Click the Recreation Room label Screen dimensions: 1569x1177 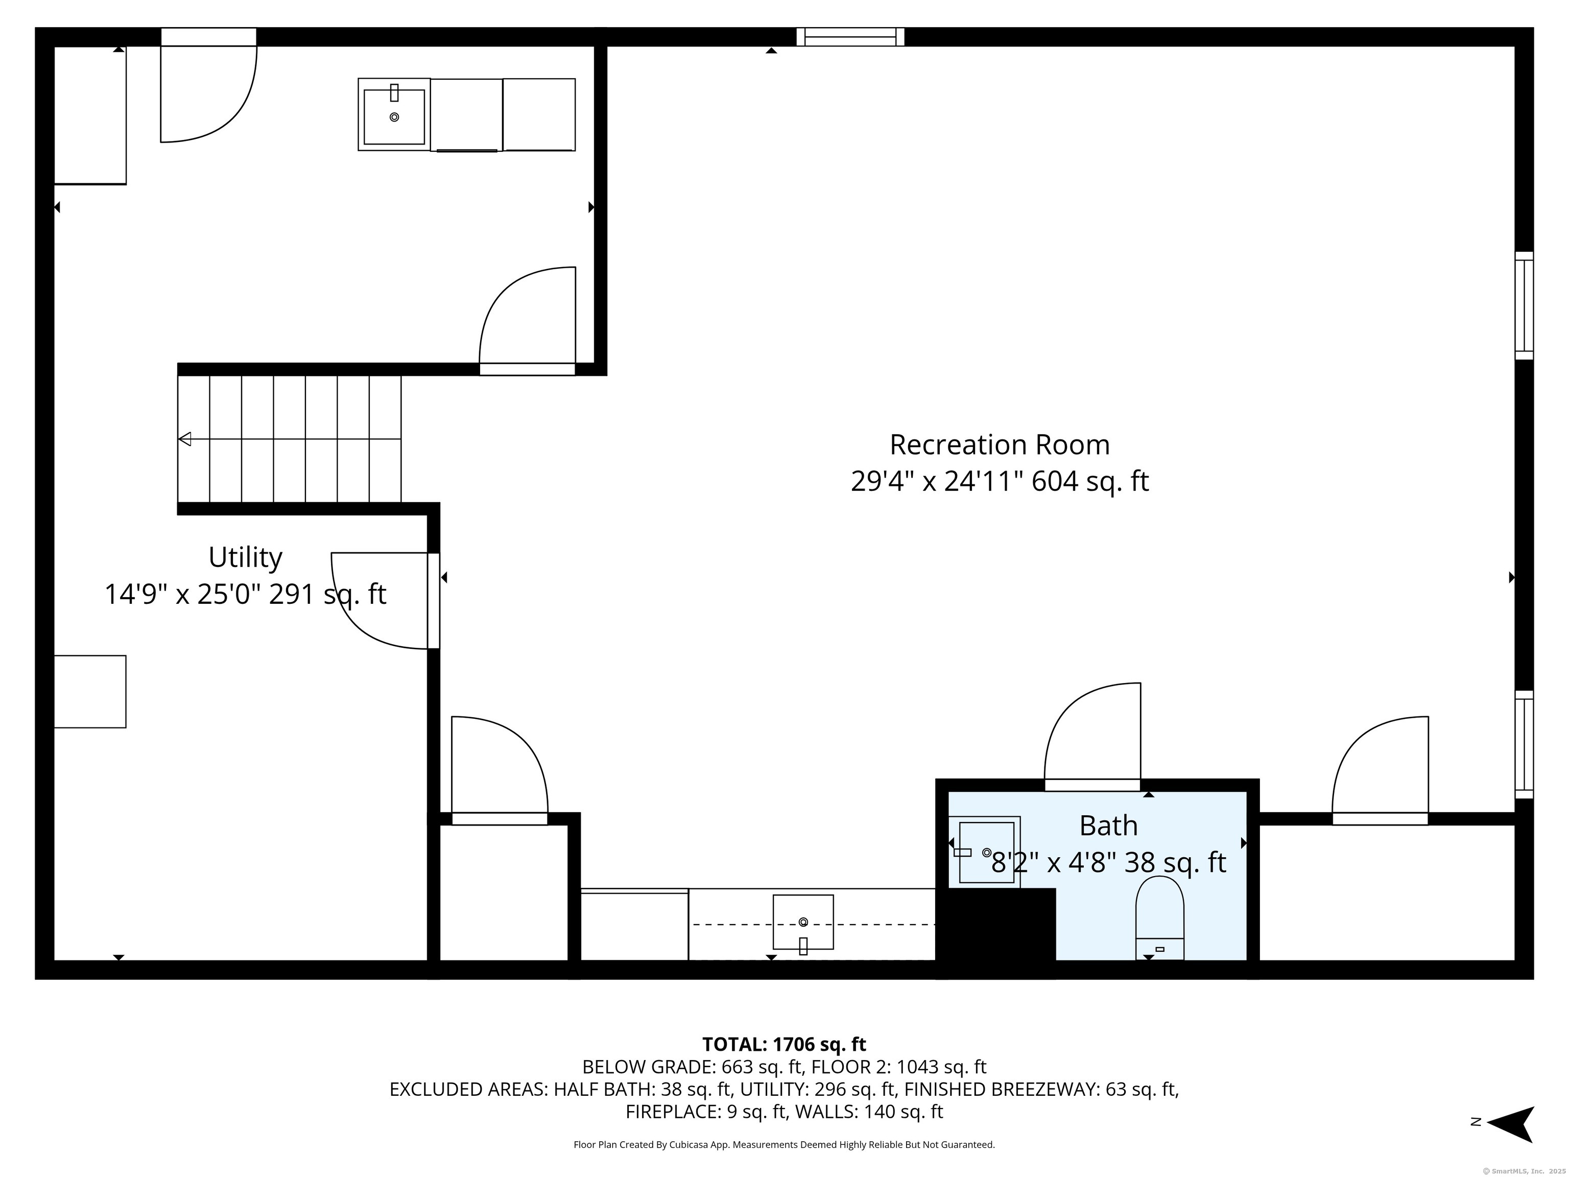(x=1000, y=445)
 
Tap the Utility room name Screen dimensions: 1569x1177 (x=246, y=558)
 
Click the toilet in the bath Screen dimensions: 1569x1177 (x=1160, y=918)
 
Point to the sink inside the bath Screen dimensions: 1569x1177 (x=985, y=852)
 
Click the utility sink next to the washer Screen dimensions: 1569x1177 (x=394, y=114)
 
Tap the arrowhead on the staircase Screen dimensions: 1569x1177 (x=184, y=439)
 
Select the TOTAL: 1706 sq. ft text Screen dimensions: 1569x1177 (x=784, y=1044)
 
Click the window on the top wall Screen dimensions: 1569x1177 (x=850, y=37)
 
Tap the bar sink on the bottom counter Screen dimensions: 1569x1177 (x=803, y=922)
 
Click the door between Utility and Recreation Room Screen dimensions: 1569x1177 (x=385, y=601)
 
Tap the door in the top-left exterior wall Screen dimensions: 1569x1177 (x=208, y=85)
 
